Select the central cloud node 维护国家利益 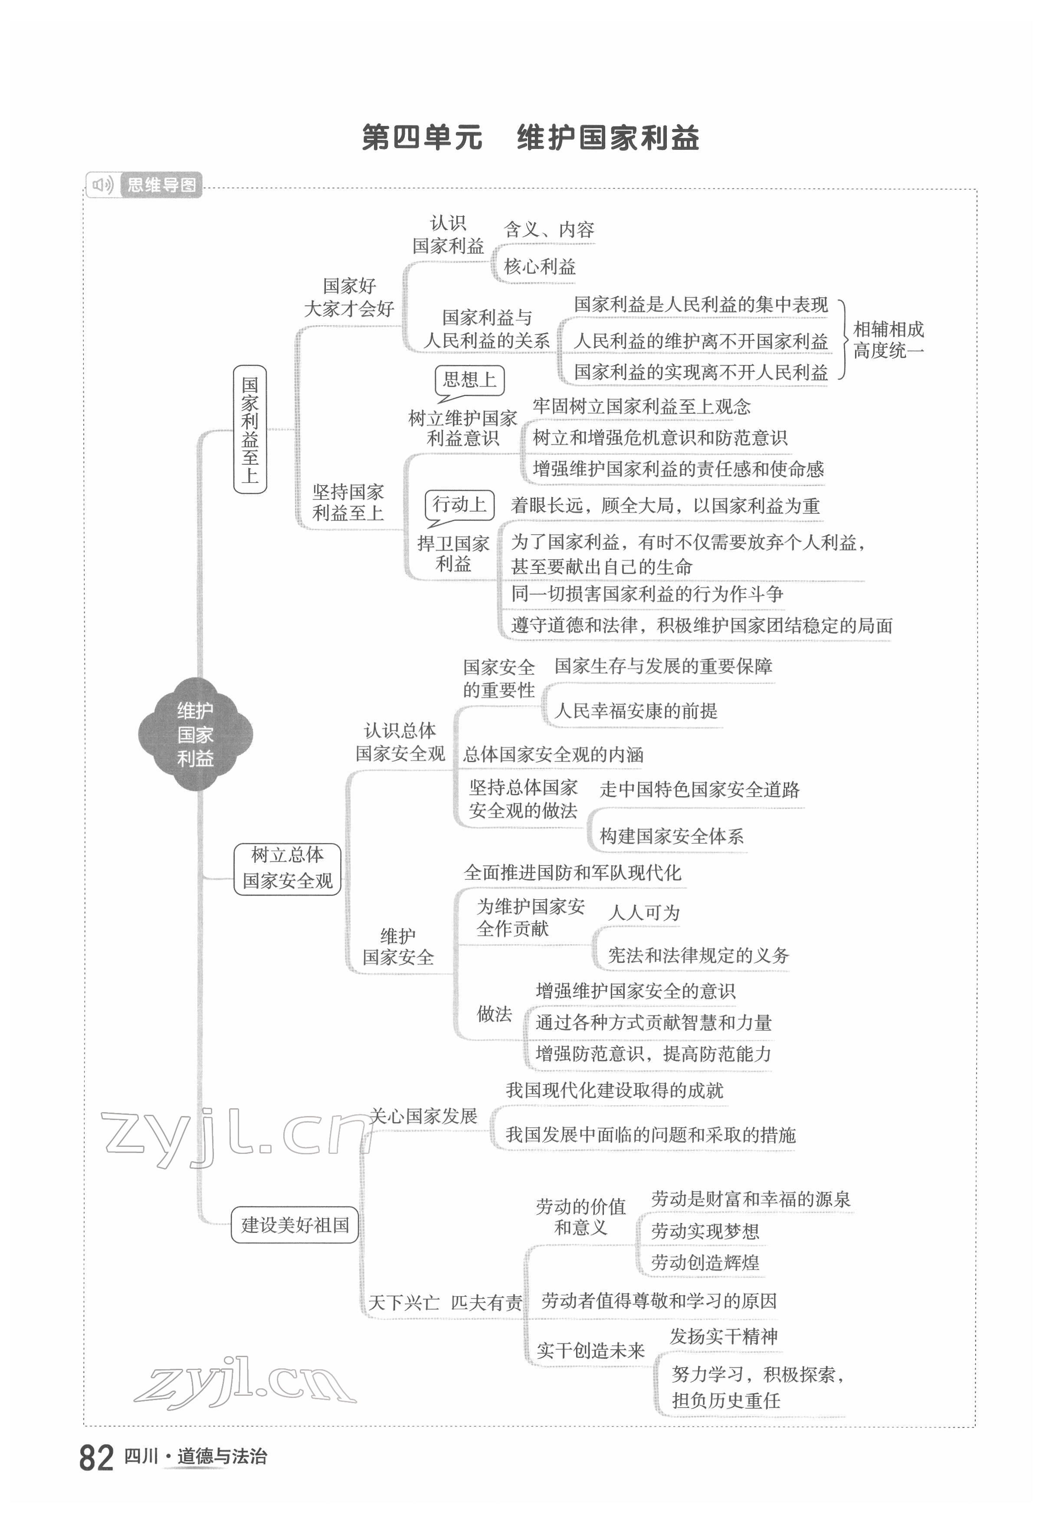[195, 734]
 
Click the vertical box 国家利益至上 [250, 429]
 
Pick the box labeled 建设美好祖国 [295, 1225]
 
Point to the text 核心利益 [539, 266]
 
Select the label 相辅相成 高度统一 [888, 340]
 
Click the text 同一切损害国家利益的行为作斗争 [647, 594]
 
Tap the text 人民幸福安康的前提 [636, 710]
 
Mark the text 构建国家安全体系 [671, 836]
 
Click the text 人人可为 [644, 912]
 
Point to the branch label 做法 [494, 1014]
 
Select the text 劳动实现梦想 [705, 1231]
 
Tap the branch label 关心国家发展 [423, 1116]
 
